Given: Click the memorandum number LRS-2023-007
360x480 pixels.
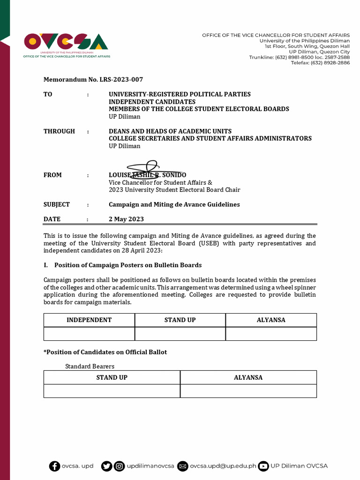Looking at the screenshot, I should (x=93, y=80).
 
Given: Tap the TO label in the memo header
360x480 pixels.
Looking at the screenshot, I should (x=48, y=94).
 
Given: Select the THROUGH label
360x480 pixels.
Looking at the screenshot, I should (x=59, y=131).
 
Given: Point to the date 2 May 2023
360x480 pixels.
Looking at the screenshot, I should (x=126, y=219).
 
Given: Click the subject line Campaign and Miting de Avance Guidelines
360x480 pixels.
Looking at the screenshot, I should (x=174, y=204).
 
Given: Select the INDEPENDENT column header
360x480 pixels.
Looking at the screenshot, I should (x=89, y=320).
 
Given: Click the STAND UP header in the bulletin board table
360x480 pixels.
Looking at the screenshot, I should (x=180, y=320).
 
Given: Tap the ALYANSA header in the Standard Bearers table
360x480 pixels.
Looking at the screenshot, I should (x=248, y=377).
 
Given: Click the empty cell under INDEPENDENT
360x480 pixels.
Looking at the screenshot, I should (x=89, y=334).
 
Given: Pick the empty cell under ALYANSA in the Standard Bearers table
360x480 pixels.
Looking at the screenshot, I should (x=248, y=391).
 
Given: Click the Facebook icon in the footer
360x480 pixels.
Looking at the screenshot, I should (x=55, y=466).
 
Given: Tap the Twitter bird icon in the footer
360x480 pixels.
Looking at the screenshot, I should (x=106, y=466).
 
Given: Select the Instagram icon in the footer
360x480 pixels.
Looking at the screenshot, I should (x=120, y=466).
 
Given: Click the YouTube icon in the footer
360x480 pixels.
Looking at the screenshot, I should (x=263, y=466).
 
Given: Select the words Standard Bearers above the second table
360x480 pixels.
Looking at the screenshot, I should (x=90, y=366).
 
